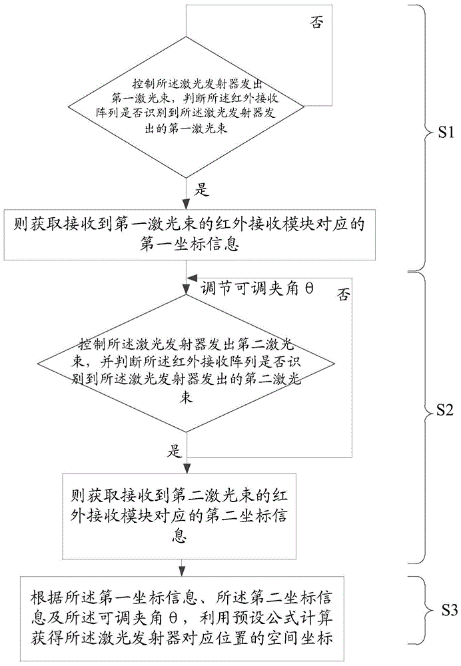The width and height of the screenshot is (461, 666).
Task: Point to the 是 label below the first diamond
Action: [201, 190]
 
